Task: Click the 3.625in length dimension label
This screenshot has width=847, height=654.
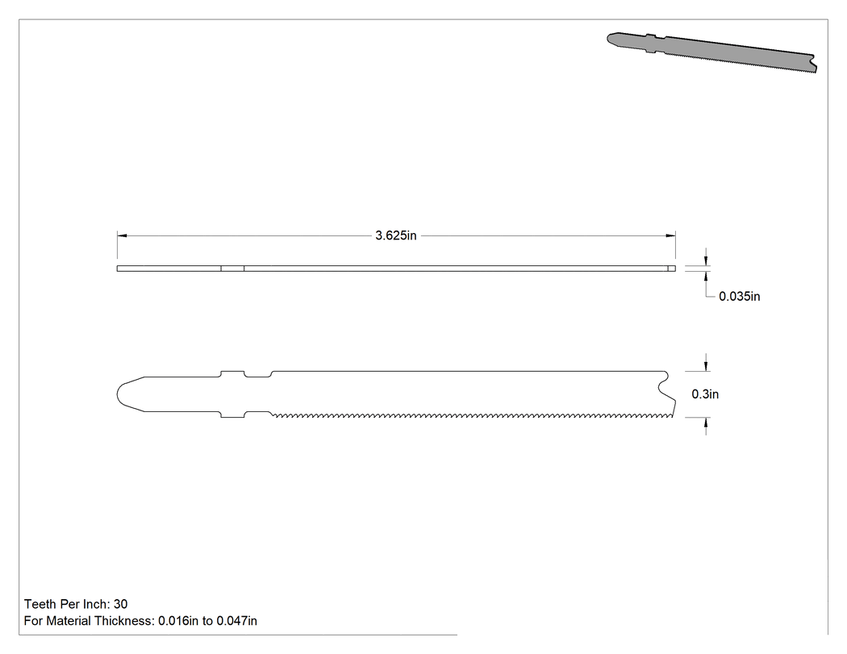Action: click(x=396, y=235)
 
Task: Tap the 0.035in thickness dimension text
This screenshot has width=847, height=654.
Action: click(x=739, y=296)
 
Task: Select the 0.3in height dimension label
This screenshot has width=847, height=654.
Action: click(x=705, y=394)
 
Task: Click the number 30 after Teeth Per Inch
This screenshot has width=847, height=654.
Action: click(x=120, y=604)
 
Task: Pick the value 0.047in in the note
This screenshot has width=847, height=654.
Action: click(x=236, y=620)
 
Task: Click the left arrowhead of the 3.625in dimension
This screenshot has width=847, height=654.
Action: click(x=122, y=235)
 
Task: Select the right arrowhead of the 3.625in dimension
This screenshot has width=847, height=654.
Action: click(x=670, y=235)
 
